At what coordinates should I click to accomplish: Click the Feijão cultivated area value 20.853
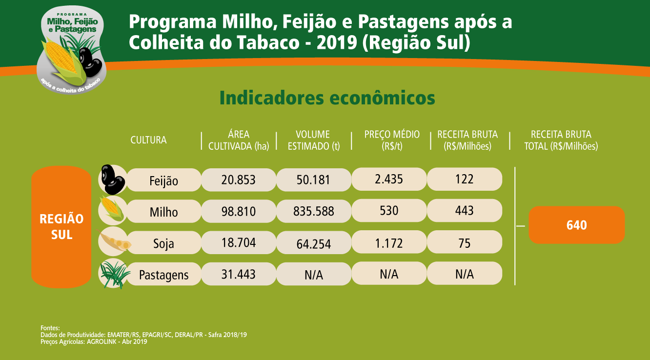[x=238, y=180]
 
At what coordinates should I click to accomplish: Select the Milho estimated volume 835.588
[x=314, y=211]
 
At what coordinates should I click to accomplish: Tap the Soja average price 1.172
[x=389, y=242]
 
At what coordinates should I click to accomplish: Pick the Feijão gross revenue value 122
[x=464, y=179]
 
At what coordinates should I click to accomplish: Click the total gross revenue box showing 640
[x=576, y=225]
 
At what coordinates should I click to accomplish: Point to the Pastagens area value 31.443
[x=238, y=274]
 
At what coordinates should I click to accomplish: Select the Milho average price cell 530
[x=389, y=211]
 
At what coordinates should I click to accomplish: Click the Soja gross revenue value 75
[x=464, y=242]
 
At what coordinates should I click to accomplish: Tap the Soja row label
[x=163, y=243]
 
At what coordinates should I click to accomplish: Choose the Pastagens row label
[x=163, y=275]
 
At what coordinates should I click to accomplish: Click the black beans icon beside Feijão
[x=112, y=179]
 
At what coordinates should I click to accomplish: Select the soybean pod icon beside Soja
[x=113, y=240]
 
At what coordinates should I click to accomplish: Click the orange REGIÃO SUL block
[x=61, y=227]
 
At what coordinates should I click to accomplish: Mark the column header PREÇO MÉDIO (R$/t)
[x=392, y=140]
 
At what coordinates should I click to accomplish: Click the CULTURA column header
[x=148, y=140]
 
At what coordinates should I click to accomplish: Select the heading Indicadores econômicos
[x=327, y=98]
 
